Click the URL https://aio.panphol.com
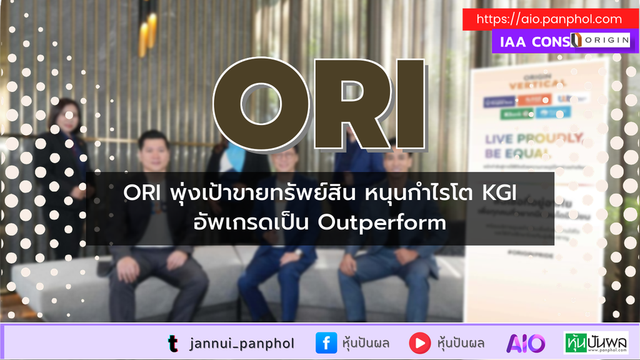549,19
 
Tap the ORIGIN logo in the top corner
599,41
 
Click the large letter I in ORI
409,105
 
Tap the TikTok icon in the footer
172,342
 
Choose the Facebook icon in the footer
326,342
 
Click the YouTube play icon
419,342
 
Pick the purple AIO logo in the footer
526,342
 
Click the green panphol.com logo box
596,342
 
